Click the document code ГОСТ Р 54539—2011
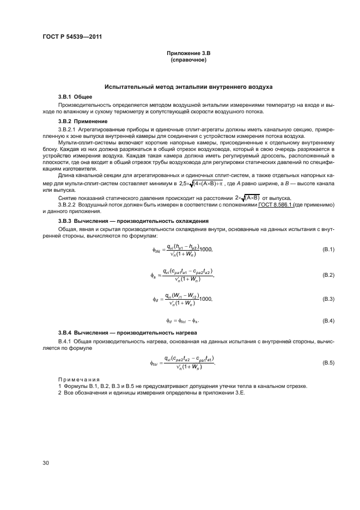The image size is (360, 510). [72, 37]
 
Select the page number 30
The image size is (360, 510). [46, 463]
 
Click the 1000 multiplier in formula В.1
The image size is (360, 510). [206, 249]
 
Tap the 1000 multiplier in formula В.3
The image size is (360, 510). [206, 299]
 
